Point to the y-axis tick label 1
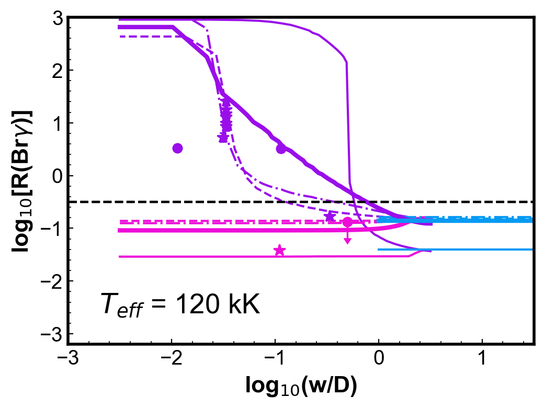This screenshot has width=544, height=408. click(x=58, y=123)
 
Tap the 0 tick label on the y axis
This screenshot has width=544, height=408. click(x=58, y=176)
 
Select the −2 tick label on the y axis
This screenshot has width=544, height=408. click(x=52, y=281)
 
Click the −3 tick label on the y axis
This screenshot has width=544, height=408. click(x=52, y=334)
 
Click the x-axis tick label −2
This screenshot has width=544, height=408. click(x=172, y=358)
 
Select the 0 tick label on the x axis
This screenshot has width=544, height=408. click(x=379, y=358)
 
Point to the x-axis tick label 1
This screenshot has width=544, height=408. click(x=482, y=358)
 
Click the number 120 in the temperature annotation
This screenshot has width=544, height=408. click(x=197, y=304)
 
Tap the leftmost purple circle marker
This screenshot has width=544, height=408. click(x=178, y=148)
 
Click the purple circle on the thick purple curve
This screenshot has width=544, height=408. click(x=281, y=149)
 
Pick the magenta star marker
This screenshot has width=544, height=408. click(x=280, y=250)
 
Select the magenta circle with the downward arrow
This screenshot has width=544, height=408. click(x=347, y=222)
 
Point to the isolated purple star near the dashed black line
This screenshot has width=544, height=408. click(x=330, y=217)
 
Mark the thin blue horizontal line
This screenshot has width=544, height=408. click(x=455, y=250)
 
